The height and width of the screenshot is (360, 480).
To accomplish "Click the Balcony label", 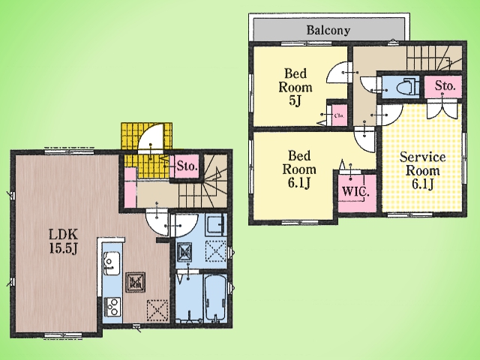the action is click(x=328, y=30).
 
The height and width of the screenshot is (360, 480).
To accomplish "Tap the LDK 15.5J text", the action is click(x=64, y=241).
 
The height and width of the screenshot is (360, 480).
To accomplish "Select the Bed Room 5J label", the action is click(x=295, y=87).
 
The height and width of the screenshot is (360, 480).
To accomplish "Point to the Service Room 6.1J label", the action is click(x=422, y=170).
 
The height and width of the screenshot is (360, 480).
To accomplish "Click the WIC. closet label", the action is click(x=355, y=192).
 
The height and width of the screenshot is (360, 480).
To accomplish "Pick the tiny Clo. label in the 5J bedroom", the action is click(x=339, y=115).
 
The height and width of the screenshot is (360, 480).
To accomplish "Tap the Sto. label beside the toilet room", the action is click(x=445, y=86).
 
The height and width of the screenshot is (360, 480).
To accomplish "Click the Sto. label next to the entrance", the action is click(x=187, y=166).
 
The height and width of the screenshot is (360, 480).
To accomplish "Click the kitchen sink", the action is click(x=112, y=263).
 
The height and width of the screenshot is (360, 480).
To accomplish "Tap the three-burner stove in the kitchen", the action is click(x=112, y=307).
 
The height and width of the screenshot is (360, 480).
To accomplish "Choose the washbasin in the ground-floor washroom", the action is click(x=216, y=225).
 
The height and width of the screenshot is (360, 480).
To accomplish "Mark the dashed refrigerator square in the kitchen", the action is click(x=157, y=310).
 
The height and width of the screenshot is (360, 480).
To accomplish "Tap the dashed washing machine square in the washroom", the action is click(x=216, y=251).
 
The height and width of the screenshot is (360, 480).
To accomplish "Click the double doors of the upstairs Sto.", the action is click(x=442, y=109).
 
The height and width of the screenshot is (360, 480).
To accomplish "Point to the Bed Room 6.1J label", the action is click(x=299, y=169).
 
